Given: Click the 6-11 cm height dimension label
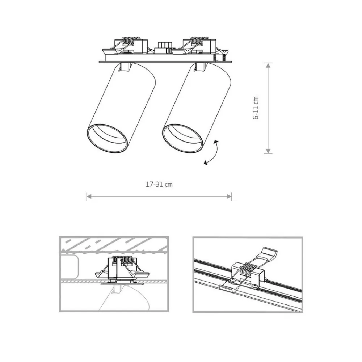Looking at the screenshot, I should (x=256, y=108).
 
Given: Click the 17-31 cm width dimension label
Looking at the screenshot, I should (x=159, y=184).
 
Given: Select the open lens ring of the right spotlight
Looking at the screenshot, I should (x=182, y=139).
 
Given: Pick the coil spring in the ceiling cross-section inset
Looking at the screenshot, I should (x=121, y=259).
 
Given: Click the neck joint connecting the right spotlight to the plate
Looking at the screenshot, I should (x=202, y=67).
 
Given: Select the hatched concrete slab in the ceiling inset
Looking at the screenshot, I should (x=113, y=245).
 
